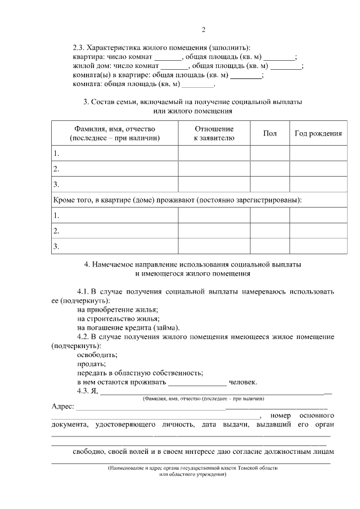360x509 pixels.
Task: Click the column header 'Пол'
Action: coord(269,133)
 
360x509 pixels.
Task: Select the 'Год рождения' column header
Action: coord(318,133)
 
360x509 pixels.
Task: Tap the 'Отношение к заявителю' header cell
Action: coord(214,133)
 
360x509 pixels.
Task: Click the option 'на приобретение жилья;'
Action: coord(118,310)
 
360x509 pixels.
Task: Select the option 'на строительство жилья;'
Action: coord(117,319)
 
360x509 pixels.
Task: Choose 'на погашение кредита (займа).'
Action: coord(129,328)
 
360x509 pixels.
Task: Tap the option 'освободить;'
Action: coord(97,355)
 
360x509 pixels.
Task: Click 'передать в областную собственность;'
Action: coord(140,373)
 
